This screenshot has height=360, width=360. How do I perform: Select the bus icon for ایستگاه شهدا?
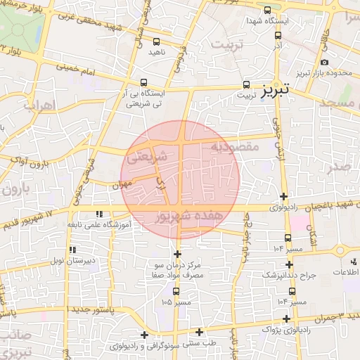(268, 10)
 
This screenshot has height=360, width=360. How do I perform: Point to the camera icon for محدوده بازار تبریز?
(325, 63)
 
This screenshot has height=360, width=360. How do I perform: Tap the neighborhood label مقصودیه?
(235, 147)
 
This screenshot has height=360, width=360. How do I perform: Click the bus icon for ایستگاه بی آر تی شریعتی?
(144, 82)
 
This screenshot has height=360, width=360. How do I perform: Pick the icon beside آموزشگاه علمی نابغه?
(99, 213)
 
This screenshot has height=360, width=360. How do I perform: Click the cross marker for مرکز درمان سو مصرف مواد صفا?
(177, 254)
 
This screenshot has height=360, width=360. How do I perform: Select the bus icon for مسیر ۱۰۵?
(176, 291)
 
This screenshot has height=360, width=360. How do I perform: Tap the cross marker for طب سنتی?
(200, 333)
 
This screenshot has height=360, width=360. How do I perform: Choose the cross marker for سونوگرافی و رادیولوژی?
(145, 335)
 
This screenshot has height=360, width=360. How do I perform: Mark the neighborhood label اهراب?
(39, 105)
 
